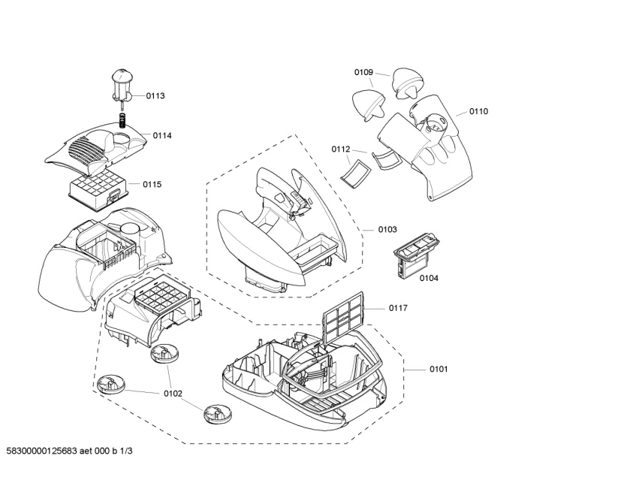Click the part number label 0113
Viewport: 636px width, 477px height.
155,96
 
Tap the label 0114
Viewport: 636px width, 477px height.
162,135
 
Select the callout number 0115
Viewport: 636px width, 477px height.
152,184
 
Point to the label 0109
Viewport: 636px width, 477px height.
363,72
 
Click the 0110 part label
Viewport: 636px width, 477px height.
478,111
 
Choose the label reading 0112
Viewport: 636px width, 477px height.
341,149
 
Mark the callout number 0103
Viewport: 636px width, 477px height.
387,229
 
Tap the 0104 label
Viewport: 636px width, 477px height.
429,278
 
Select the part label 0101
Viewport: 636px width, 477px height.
439,369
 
